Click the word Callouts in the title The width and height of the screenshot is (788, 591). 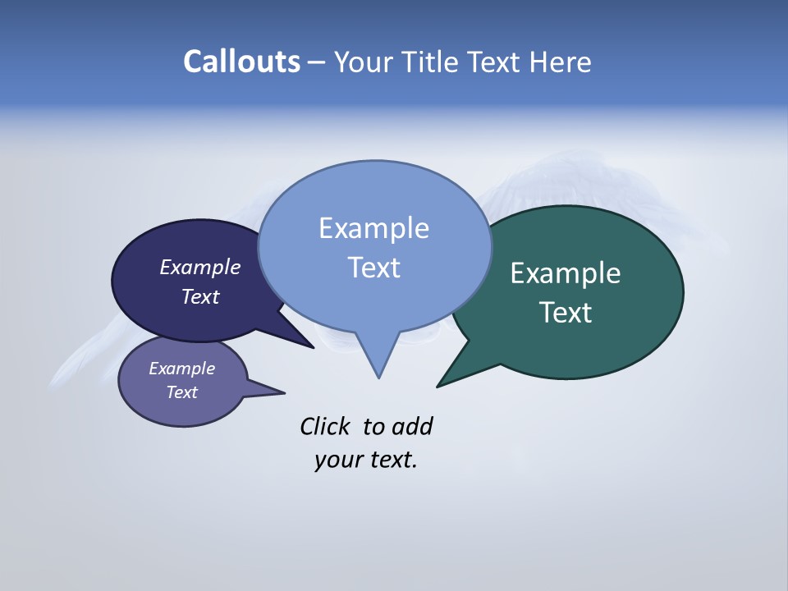241,62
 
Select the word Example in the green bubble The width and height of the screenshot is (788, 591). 566,273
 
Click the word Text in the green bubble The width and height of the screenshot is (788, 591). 566,313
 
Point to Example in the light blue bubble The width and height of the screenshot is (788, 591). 373,228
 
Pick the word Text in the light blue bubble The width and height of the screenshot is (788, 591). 373,268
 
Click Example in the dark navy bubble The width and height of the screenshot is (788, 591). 199,268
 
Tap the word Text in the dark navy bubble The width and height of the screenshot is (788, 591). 199,297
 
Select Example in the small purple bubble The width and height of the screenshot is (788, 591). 181,369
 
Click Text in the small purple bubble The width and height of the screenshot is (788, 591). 181,392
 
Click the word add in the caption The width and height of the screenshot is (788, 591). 412,427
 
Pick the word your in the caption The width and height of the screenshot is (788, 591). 337,460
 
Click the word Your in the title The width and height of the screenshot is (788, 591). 361,62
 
